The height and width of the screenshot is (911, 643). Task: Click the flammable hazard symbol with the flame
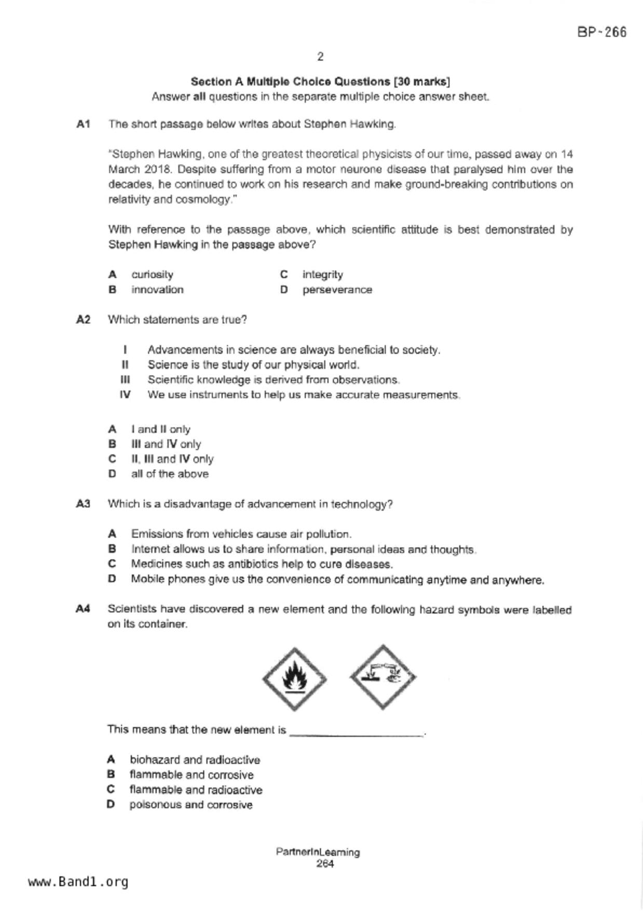(x=294, y=679)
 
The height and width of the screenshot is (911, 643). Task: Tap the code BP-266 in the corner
(x=601, y=32)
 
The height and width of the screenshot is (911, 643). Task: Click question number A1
(x=84, y=124)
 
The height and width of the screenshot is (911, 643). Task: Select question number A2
(x=84, y=319)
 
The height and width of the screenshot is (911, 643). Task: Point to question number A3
(x=84, y=504)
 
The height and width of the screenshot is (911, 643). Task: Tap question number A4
(x=84, y=609)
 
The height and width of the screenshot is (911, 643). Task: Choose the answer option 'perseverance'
(x=337, y=290)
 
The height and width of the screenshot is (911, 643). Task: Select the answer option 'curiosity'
(x=152, y=275)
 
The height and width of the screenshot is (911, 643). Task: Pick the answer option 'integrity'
(x=322, y=275)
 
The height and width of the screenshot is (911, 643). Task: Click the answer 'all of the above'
(x=170, y=474)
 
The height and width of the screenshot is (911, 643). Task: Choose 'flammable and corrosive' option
(x=191, y=775)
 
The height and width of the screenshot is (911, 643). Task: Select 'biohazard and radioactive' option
(x=195, y=760)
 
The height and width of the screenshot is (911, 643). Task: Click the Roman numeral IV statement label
(x=125, y=395)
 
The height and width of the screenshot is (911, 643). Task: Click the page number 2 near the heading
(x=320, y=57)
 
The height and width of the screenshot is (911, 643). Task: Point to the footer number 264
(x=325, y=864)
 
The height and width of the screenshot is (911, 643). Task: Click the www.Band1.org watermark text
(x=78, y=882)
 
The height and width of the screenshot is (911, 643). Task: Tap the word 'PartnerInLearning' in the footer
(x=318, y=852)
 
